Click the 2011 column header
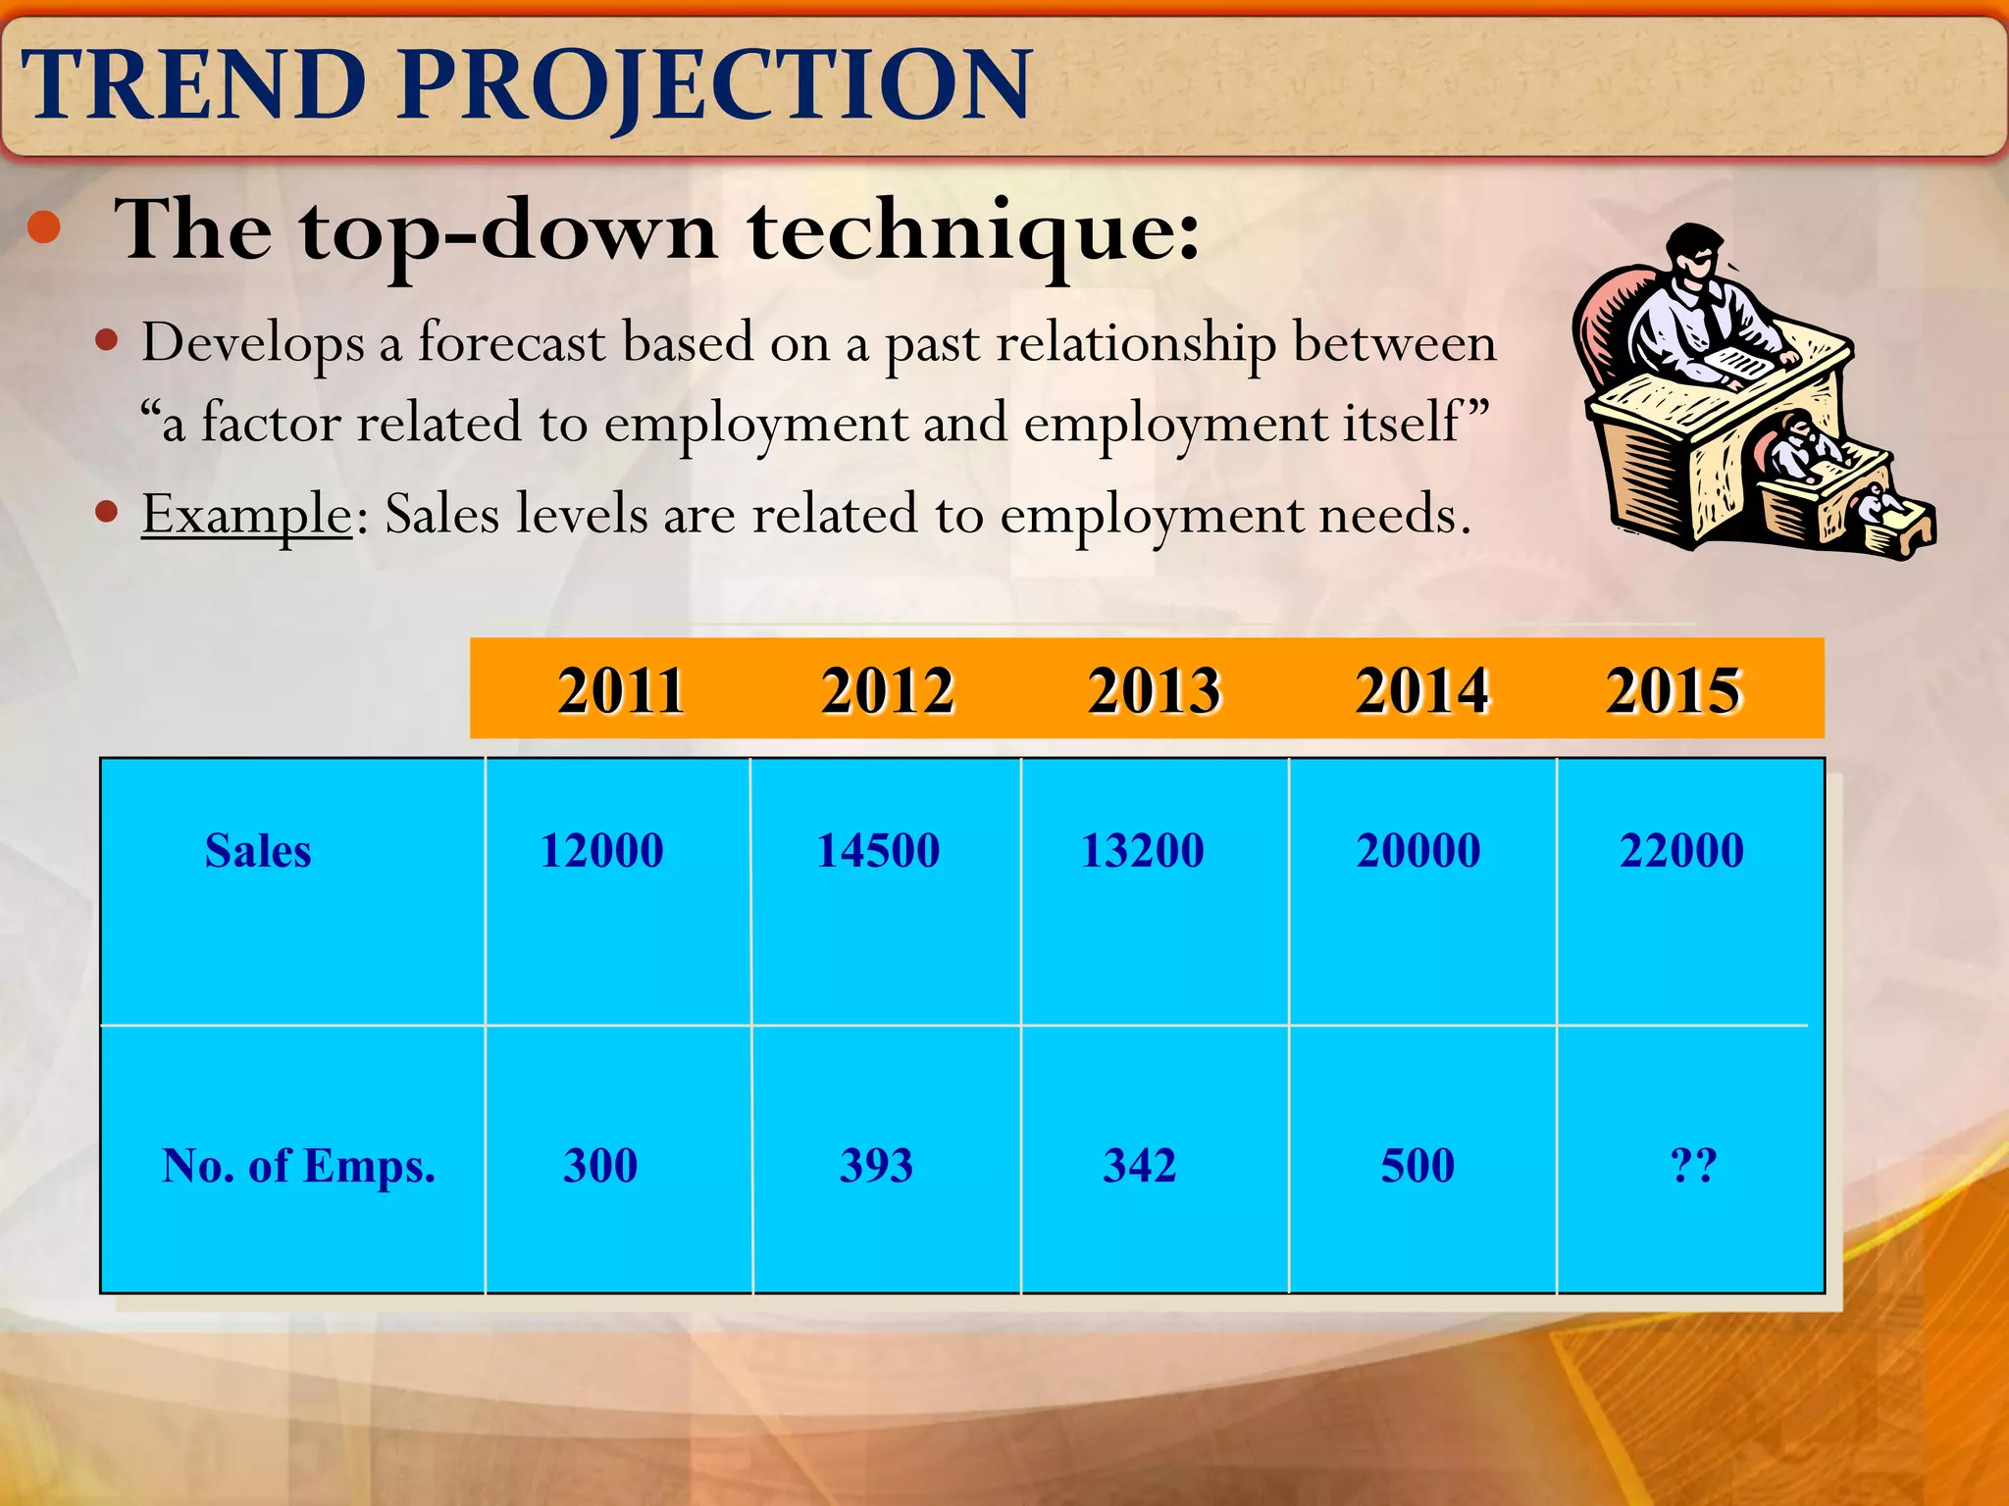(620, 690)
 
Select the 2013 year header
(1154, 690)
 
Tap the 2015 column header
(1674, 690)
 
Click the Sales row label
(258, 851)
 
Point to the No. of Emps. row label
(298, 1167)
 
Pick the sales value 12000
(601, 850)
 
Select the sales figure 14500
(878, 850)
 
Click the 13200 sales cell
(1142, 850)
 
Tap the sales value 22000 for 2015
(1681, 850)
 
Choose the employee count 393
(876, 1166)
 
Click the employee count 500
(1417, 1166)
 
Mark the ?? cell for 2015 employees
(1693, 1166)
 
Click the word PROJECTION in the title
(715, 86)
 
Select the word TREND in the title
(194, 86)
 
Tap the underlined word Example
(246, 514)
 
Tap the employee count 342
(1139, 1166)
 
